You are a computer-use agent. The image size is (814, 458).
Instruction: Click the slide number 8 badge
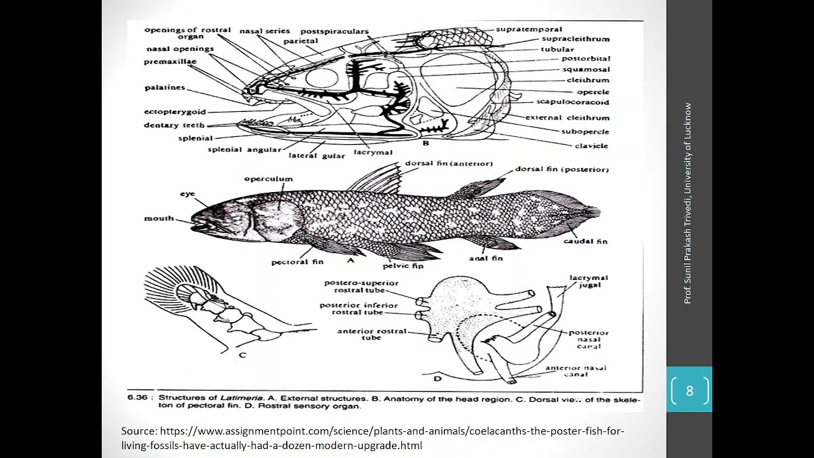tap(689, 390)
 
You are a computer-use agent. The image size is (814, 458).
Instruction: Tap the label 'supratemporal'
tap(529, 29)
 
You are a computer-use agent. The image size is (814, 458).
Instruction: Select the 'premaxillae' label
tap(170, 62)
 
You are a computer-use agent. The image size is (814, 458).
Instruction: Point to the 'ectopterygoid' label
tap(175, 112)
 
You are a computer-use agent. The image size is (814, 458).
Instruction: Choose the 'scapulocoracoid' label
tap(572, 102)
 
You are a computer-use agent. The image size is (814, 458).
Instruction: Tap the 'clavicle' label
tap(591, 146)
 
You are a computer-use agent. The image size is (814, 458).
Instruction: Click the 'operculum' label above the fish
tap(268, 179)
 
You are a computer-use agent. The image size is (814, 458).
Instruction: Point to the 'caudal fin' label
tap(585, 241)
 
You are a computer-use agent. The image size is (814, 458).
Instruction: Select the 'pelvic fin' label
tap(403, 266)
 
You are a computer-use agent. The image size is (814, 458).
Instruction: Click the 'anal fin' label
tap(485, 258)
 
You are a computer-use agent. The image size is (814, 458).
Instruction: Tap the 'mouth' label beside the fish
tap(159, 218)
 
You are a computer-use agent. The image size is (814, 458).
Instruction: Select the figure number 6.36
tap(137, 398)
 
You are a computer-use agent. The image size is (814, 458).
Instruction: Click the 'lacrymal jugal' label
tap(589, 282)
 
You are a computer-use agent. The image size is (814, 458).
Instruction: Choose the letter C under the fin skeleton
tap(242, 355)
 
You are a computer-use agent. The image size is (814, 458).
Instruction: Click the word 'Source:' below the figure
tap(139, 431)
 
